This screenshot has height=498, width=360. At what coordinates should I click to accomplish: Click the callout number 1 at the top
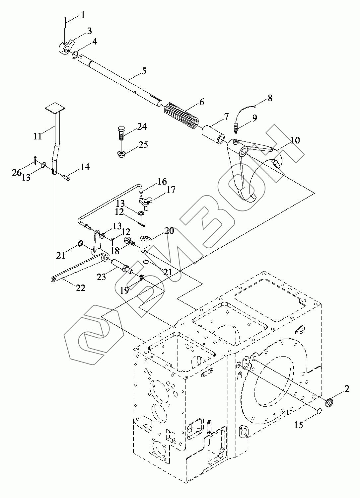[x=83, y=15]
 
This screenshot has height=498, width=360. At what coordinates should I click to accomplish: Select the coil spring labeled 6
[x=181, y=116]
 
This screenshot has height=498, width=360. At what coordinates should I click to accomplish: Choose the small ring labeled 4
[x=75, y=55]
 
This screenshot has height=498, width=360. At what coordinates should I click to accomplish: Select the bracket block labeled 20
[x=146, y=244]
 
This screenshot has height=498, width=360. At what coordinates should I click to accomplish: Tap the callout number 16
[x=162, y=181]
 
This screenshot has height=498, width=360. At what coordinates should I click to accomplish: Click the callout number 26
[x=17, y=173]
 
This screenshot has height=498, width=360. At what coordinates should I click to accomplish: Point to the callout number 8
[x=270, y=98]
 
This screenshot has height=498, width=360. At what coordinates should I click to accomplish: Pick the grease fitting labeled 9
[x=236, y=128]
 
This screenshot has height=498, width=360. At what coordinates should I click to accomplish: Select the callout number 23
[x=101, y=277]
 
